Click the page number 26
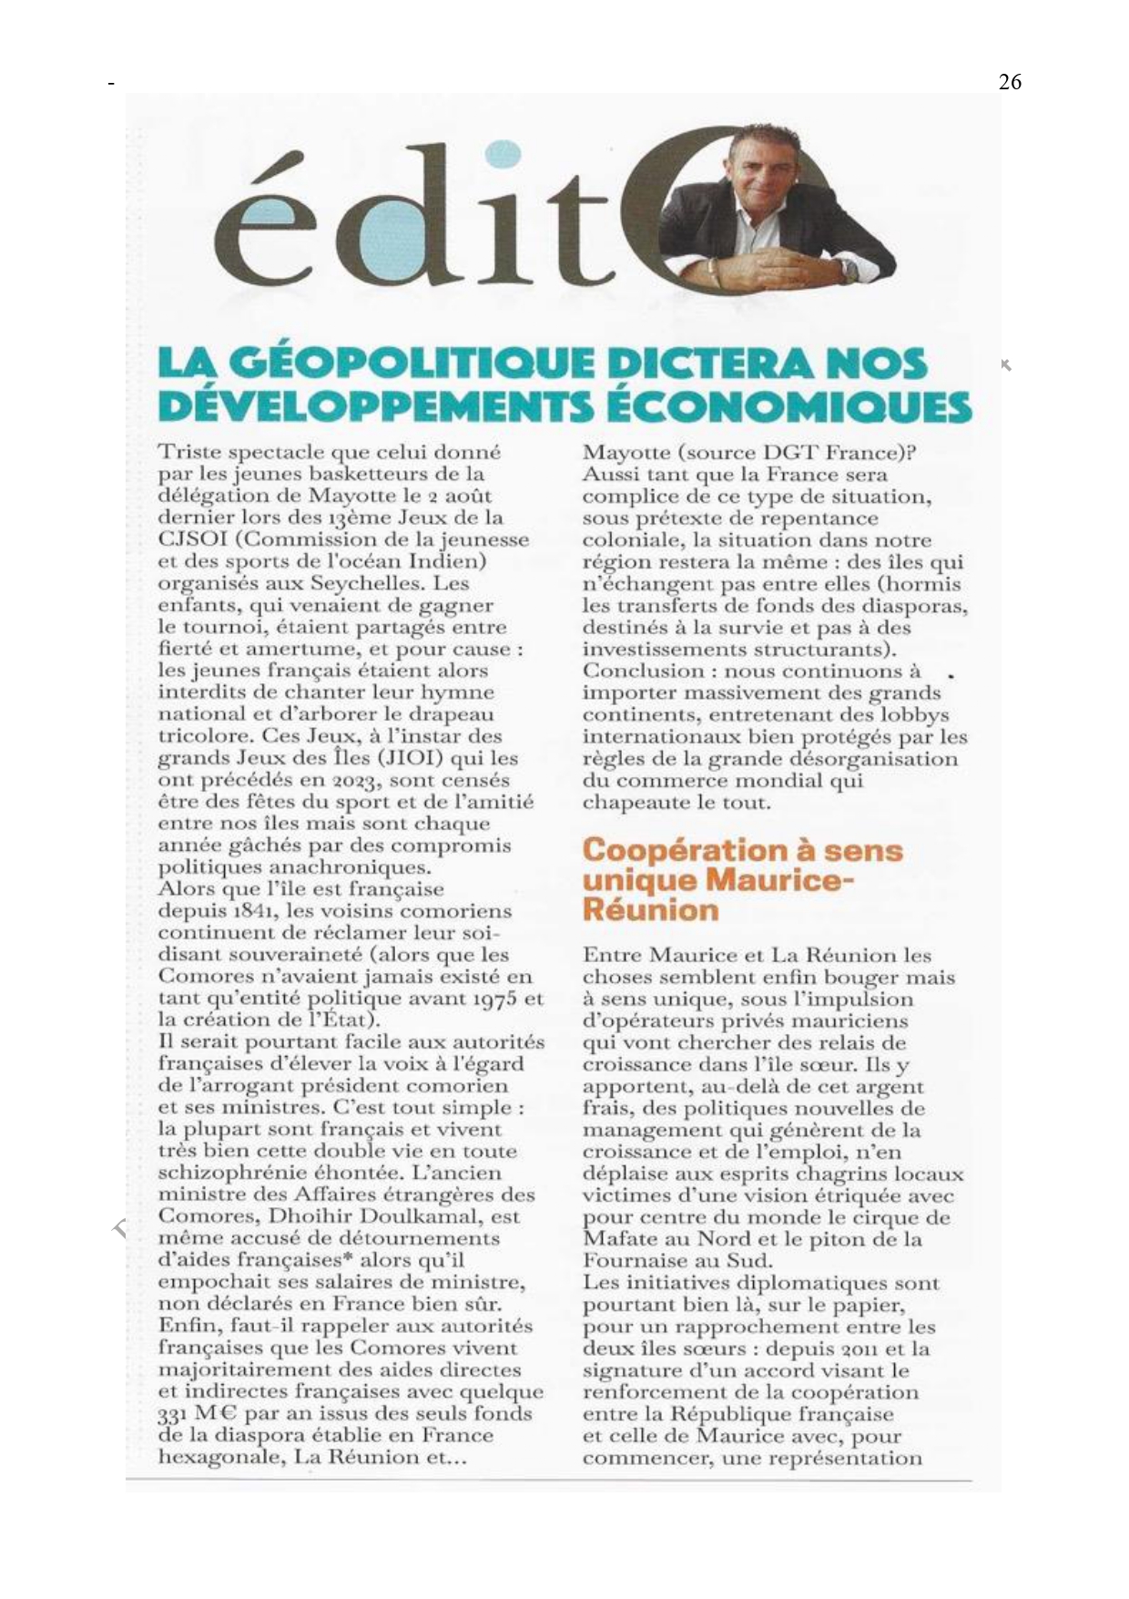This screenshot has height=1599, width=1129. coord(1010,82)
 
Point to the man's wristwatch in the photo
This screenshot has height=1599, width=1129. coord(849,269)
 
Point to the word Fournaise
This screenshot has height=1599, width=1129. coord(636,1261)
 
